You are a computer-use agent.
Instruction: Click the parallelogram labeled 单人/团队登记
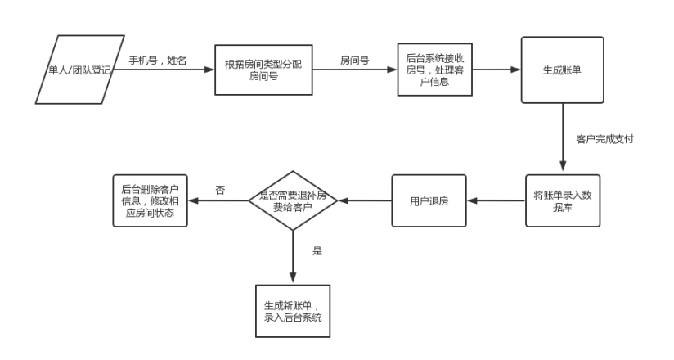[79, 70]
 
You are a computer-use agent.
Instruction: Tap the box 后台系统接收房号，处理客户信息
[434, 70]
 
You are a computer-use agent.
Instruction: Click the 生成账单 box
[562, 70]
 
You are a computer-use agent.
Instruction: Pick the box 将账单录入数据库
[562, 201]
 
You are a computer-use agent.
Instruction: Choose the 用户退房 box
[429, 200]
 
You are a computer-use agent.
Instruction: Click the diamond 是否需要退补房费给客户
[292, 200]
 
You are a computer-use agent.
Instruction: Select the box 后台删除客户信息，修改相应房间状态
[149, 200]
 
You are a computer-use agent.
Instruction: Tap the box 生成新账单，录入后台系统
[292, 310]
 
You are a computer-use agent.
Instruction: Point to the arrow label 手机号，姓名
[157, 60]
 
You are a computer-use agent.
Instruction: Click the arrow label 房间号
[355, 60]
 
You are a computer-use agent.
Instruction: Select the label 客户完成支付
[604, 139]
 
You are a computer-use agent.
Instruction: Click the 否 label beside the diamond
[220, 190]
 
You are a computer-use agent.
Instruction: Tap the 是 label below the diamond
[317, 251]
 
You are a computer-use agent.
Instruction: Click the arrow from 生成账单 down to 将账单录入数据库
[563, 139]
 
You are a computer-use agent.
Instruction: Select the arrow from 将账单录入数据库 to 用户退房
[496, 201]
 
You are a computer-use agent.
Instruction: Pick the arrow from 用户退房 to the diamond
[364, 200]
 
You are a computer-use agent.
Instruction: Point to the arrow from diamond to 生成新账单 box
[292, 258]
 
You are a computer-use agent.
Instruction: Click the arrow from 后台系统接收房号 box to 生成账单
[497, 70]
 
